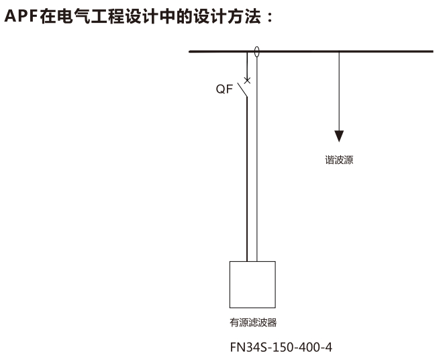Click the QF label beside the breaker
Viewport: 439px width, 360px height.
(224, 89)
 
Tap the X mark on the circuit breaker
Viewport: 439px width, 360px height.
(247, 81)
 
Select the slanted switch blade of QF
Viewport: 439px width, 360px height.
(242, 90)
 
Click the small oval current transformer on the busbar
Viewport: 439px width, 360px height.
(256, 52)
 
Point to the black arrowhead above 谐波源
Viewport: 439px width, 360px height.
(339, 136)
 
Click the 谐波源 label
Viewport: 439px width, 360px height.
(339, 160)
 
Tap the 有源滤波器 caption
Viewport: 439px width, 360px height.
(253, 323)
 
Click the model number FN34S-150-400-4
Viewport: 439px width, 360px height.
(281, 347)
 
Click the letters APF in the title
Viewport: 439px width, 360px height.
(21, 16)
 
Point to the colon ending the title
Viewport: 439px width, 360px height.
(270, 17)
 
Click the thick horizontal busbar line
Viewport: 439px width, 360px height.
(311, 52)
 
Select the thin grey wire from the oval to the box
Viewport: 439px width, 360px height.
(256, 159)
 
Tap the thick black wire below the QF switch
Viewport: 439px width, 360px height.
(247, 179)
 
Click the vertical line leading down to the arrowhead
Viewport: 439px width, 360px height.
(339, 91)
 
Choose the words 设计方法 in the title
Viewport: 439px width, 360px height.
(227, 16)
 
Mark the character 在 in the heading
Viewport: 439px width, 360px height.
(48, 16)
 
